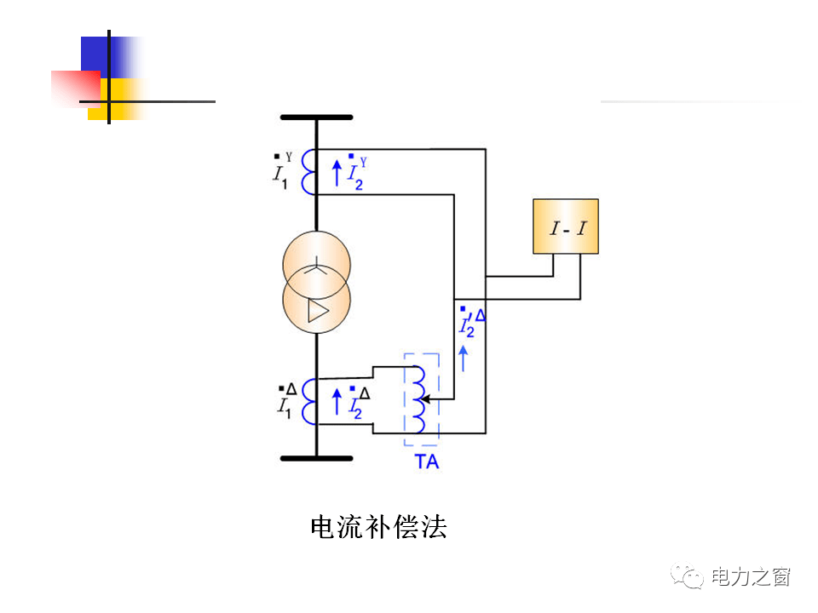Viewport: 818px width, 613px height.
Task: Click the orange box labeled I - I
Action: click(565, 226)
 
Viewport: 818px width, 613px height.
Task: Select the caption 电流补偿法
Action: click(377, 527)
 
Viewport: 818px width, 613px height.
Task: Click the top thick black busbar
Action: click(316, 117)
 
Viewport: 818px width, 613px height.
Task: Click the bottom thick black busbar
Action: click(316, 459)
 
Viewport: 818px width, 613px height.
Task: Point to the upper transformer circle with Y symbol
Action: click(316, 266)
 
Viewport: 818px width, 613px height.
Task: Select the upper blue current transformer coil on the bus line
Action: click(309, 171)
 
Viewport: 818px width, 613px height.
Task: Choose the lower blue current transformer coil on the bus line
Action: click(309, 402)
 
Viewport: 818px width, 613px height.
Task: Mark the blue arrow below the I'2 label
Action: click(464, 358)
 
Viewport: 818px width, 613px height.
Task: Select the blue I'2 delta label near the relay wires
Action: click(471, 321)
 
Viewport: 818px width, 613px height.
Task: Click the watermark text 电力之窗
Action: click(751, 576)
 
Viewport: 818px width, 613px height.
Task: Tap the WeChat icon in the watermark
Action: click(688, 576)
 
